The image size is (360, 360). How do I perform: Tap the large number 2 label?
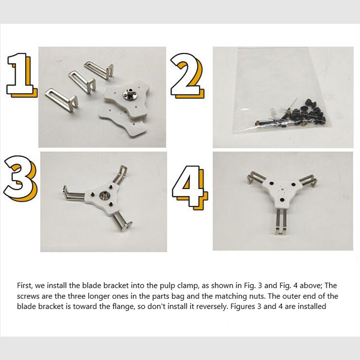click(187, 75)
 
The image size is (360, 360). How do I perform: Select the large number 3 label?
click(20, 179)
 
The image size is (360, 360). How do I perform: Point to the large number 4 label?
click(189, 187)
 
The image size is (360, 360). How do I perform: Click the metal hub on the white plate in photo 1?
click(128, 93)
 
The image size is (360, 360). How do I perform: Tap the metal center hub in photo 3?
click(104, 196)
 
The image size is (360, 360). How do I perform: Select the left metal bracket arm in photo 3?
click(75, 194)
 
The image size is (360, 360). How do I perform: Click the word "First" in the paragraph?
click(24, 285)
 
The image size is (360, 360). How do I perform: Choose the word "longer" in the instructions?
click(99, 297)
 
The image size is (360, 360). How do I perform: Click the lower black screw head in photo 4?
click(282, 199)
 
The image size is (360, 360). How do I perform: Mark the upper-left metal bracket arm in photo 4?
click(256, 178)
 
